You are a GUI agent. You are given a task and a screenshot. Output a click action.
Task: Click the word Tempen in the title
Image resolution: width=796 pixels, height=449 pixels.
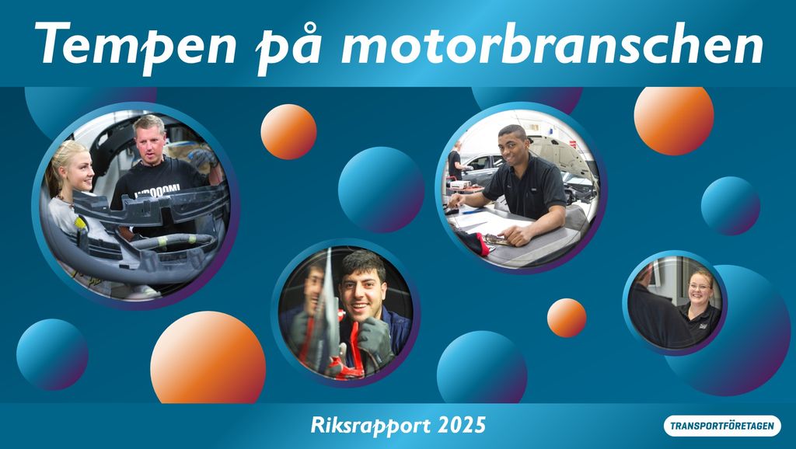point(135,44)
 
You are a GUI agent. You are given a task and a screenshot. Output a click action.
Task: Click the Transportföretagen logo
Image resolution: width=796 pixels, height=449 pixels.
point(722,426)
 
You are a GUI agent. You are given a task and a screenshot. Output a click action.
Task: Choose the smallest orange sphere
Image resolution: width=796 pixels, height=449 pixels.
point(567,318)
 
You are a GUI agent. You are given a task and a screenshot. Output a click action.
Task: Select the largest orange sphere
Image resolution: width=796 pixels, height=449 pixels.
point(208,357)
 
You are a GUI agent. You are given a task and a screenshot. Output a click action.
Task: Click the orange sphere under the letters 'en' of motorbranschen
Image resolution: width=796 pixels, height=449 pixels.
point(674,120)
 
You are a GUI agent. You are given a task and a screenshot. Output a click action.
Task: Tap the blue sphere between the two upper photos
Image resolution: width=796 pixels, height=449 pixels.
point(381,190)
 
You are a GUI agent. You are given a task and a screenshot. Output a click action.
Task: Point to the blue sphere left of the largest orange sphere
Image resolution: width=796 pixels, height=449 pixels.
point(52,355)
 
